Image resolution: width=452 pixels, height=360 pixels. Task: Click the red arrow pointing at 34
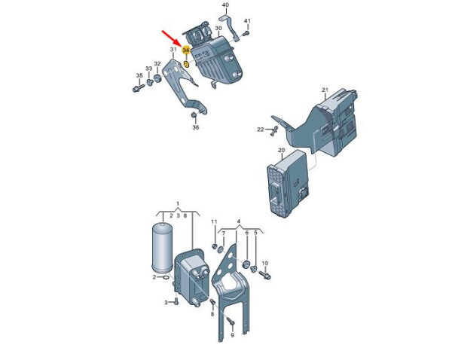point(172,38)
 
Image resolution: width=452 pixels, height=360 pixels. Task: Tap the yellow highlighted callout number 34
point(186,50)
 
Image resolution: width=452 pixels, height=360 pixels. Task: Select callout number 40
point(226,5)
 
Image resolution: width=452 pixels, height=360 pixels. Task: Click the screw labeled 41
point(246,34)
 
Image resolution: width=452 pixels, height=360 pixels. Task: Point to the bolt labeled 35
point(138,88)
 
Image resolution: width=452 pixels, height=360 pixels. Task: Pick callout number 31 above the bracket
point(173,49)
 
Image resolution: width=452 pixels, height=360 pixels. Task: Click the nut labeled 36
point(194,115)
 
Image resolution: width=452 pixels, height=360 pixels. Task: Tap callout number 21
point(325,90)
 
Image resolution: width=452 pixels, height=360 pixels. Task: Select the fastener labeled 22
point(274,130)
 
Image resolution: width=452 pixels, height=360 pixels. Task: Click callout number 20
point(282,150)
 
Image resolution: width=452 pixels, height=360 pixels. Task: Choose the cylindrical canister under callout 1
point(162,248)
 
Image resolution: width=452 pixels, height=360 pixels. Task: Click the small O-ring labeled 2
point(166,278)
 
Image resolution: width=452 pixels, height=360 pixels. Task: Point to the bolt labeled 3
point(176,302)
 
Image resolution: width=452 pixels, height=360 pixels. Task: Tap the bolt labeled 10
point(265,274)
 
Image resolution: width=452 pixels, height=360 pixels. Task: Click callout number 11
point(214,221)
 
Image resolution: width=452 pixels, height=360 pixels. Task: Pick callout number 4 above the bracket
point(238,221)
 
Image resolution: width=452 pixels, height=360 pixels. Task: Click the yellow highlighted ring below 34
point(186,64)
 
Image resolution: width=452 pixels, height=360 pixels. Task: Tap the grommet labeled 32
point(157,78)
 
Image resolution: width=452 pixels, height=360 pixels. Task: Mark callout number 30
point(218,29)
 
